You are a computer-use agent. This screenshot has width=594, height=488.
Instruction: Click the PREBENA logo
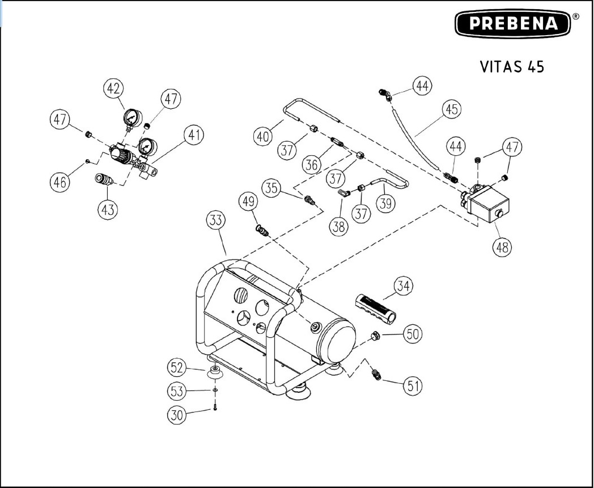(514, 24)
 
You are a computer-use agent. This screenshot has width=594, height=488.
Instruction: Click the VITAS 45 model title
(512, 66)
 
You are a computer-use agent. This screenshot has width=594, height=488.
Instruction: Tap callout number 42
(114, 88)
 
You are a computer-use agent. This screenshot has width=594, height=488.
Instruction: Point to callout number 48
(503, 247)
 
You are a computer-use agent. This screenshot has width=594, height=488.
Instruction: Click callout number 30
(177, 414)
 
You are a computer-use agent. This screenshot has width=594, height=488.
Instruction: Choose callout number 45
(451, 109)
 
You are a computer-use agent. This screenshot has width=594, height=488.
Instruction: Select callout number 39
(387, 203)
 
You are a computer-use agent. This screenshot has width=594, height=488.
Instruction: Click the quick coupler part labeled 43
(107, 180)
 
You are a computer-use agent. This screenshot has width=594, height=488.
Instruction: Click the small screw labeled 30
(216, 408)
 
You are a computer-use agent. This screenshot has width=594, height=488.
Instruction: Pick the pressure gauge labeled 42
(132, 117)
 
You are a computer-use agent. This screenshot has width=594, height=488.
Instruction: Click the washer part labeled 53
(216, 391)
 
